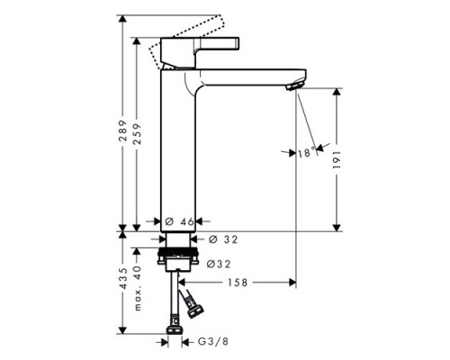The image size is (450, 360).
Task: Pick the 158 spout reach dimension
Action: (238, 283)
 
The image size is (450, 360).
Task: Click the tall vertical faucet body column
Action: (176, 153)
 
